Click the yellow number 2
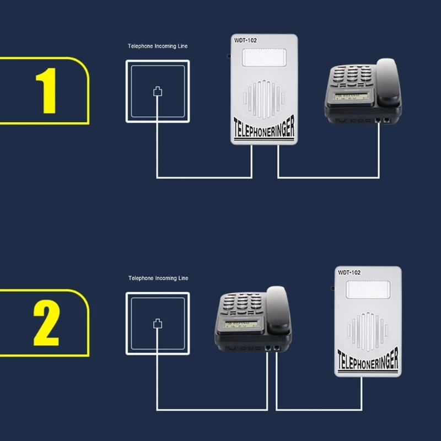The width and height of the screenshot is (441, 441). pyautogui.click(x=46, y=322)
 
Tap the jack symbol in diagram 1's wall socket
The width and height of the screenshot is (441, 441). pyautogui.click(x=158, y=92)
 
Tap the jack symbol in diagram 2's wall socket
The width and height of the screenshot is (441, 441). pyautogui.click(x=158, y=324)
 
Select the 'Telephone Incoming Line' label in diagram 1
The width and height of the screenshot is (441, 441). pyautogui.click(x=158, y=46)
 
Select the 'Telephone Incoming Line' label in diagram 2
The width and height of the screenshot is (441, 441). pyautogui.click(x=158, y=278)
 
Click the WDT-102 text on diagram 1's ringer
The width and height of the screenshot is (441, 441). pyautogui.click(x=245, y=40)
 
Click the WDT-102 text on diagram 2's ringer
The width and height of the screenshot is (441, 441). pyautogui.click(x=349, y=272)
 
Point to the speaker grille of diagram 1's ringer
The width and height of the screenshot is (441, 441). pyautogui.click(x=264, y=99)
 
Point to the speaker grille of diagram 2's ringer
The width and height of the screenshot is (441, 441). pyautogui.click(x=368, y=331)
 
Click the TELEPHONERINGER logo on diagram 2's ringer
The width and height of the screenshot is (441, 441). pyautogui.click(x=368, y=361)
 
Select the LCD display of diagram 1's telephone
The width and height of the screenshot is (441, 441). pyautogui.click(x=351, y=96)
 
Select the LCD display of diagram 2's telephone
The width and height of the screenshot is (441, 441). pyautogui.click(x=241, y=324)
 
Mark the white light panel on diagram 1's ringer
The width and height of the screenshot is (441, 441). pyautogui.click(x=265, y=57)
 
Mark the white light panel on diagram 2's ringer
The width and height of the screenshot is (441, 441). pyautogui.click(x=368, y=289)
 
